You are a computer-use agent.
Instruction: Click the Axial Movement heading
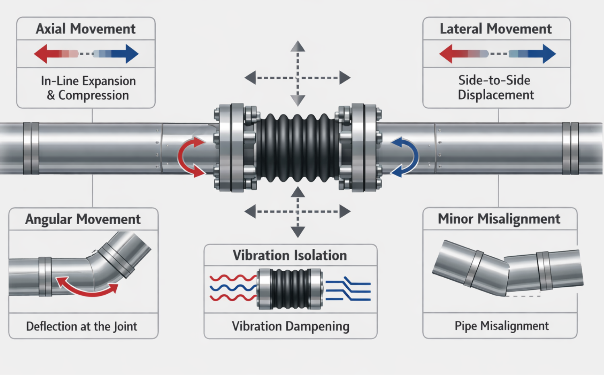pyautogui.click(x=86, y=29)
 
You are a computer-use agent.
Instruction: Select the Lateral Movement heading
pyautogui.click(x=496, y=29)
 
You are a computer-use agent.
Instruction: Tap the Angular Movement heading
pyautogui.click(x=83, y=219)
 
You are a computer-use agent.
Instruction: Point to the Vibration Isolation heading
pyautogui.click(x=290, y=256)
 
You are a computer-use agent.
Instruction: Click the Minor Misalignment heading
pyautogui.click(x=499, y=219)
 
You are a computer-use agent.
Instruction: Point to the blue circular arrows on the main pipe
pyautogui.click(x=407, y=157)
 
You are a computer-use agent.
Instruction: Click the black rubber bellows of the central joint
pyautogui.click(x=298, y=148)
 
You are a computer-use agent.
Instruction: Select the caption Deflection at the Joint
pyautogui.click(x=82, y=326)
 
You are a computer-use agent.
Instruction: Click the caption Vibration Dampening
pyautogui.click(x=290, y=326)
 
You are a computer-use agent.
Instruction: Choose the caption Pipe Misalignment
pyautogui.click(x=502, y=326)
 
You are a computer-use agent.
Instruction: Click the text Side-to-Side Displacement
pyautogui.click(x=496, y=88)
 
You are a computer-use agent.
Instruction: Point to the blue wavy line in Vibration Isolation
pyautogui.click(x=232, y=288)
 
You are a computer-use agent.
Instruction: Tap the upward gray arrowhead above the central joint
pyautogui.click(x=298, y=46)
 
